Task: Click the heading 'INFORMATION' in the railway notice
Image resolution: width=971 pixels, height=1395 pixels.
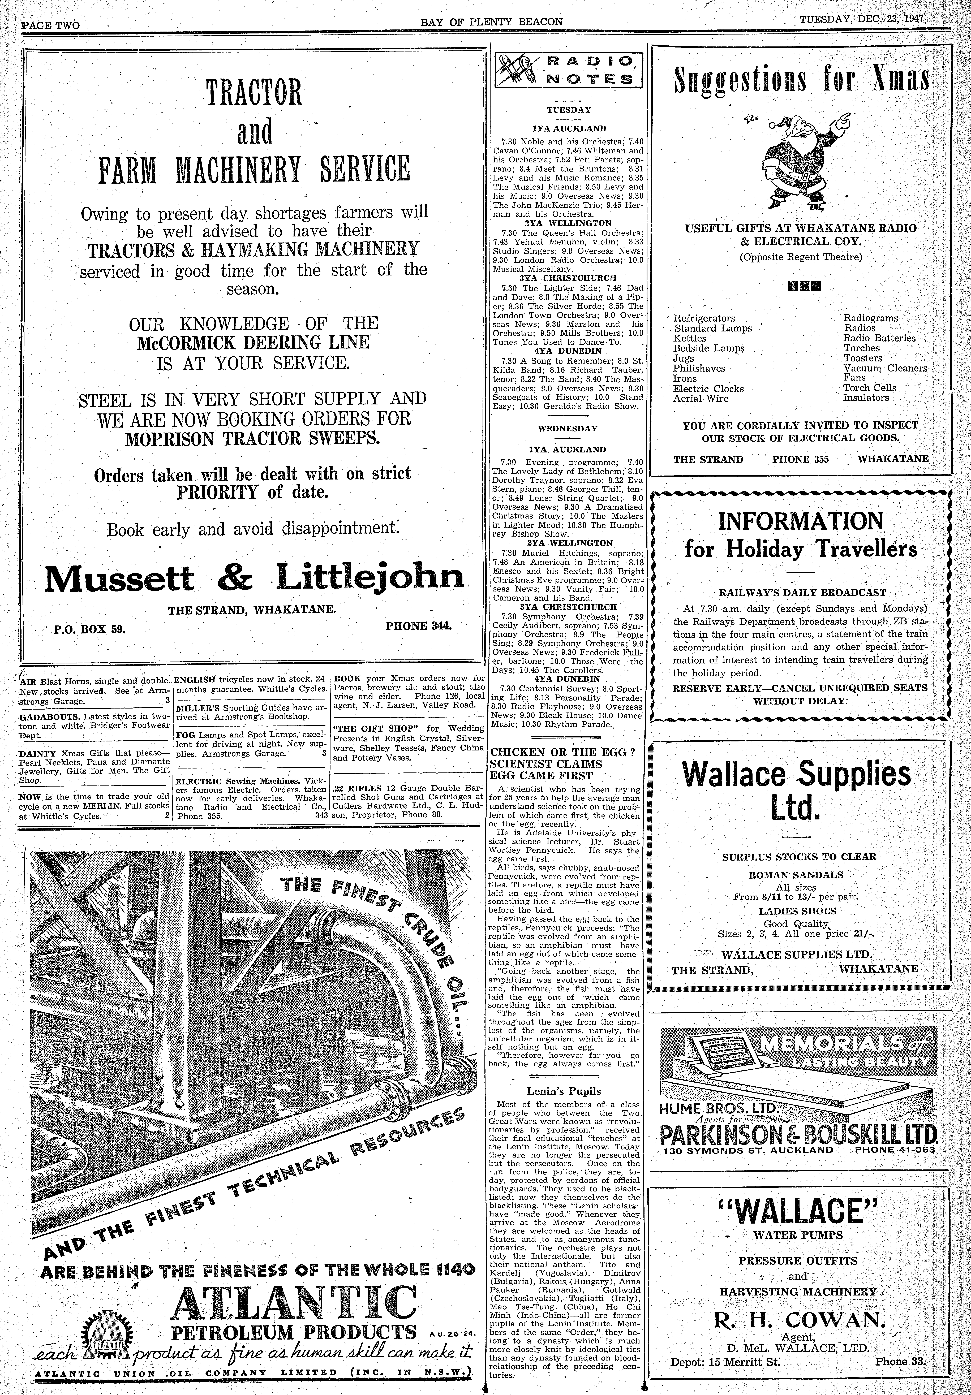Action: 801,521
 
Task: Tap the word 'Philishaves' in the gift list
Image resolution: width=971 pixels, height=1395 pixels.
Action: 699,368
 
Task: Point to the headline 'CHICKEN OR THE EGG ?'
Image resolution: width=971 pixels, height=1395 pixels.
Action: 563,752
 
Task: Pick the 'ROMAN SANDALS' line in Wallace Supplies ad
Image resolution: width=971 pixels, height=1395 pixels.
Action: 799,874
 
